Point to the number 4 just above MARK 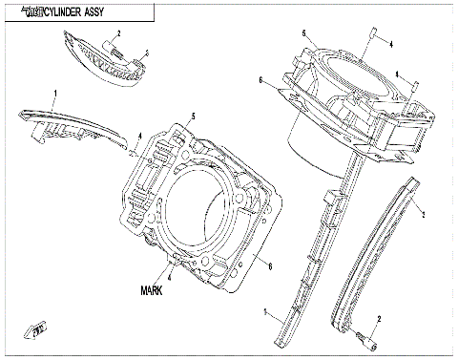point(169,277)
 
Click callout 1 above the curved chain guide point(55,94)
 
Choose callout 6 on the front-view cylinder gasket point(272,265)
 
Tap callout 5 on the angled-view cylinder point(304,33)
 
